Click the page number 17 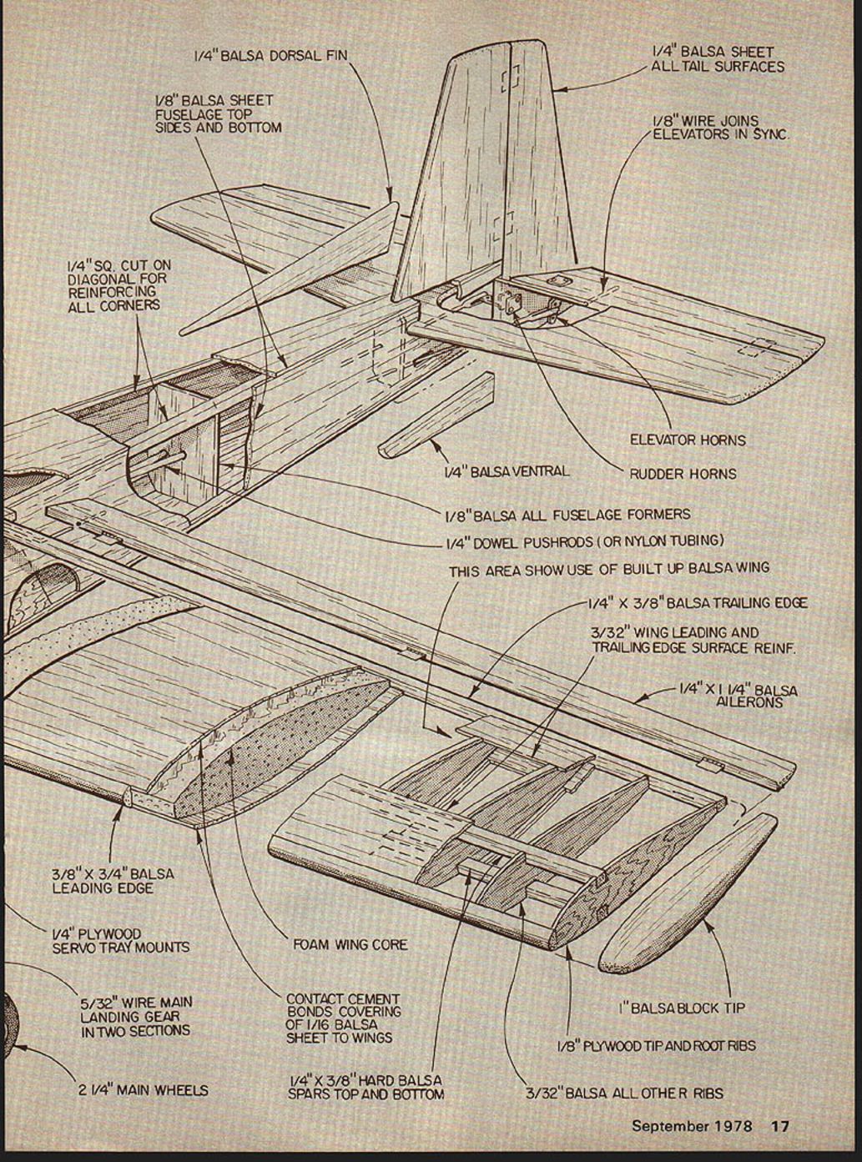point(779,1125)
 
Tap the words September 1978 point(691,1125)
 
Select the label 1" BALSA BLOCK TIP point(682,1008)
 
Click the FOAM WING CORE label point(350,944)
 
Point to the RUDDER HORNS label point(683,474)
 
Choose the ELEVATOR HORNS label point(688,440)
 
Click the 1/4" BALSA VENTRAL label point(507,471)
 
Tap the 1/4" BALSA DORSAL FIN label point(270,56)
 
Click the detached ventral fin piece point(436,414)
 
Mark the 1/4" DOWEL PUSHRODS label point(584,542)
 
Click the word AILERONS point(749,702)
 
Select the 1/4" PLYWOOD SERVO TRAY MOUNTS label point(120,940)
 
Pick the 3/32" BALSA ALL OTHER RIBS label point(624,1093)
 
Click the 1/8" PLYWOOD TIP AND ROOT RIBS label point(656,1045)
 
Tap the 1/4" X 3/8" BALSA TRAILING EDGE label point(697,602)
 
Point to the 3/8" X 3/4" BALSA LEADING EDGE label point(113,881)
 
